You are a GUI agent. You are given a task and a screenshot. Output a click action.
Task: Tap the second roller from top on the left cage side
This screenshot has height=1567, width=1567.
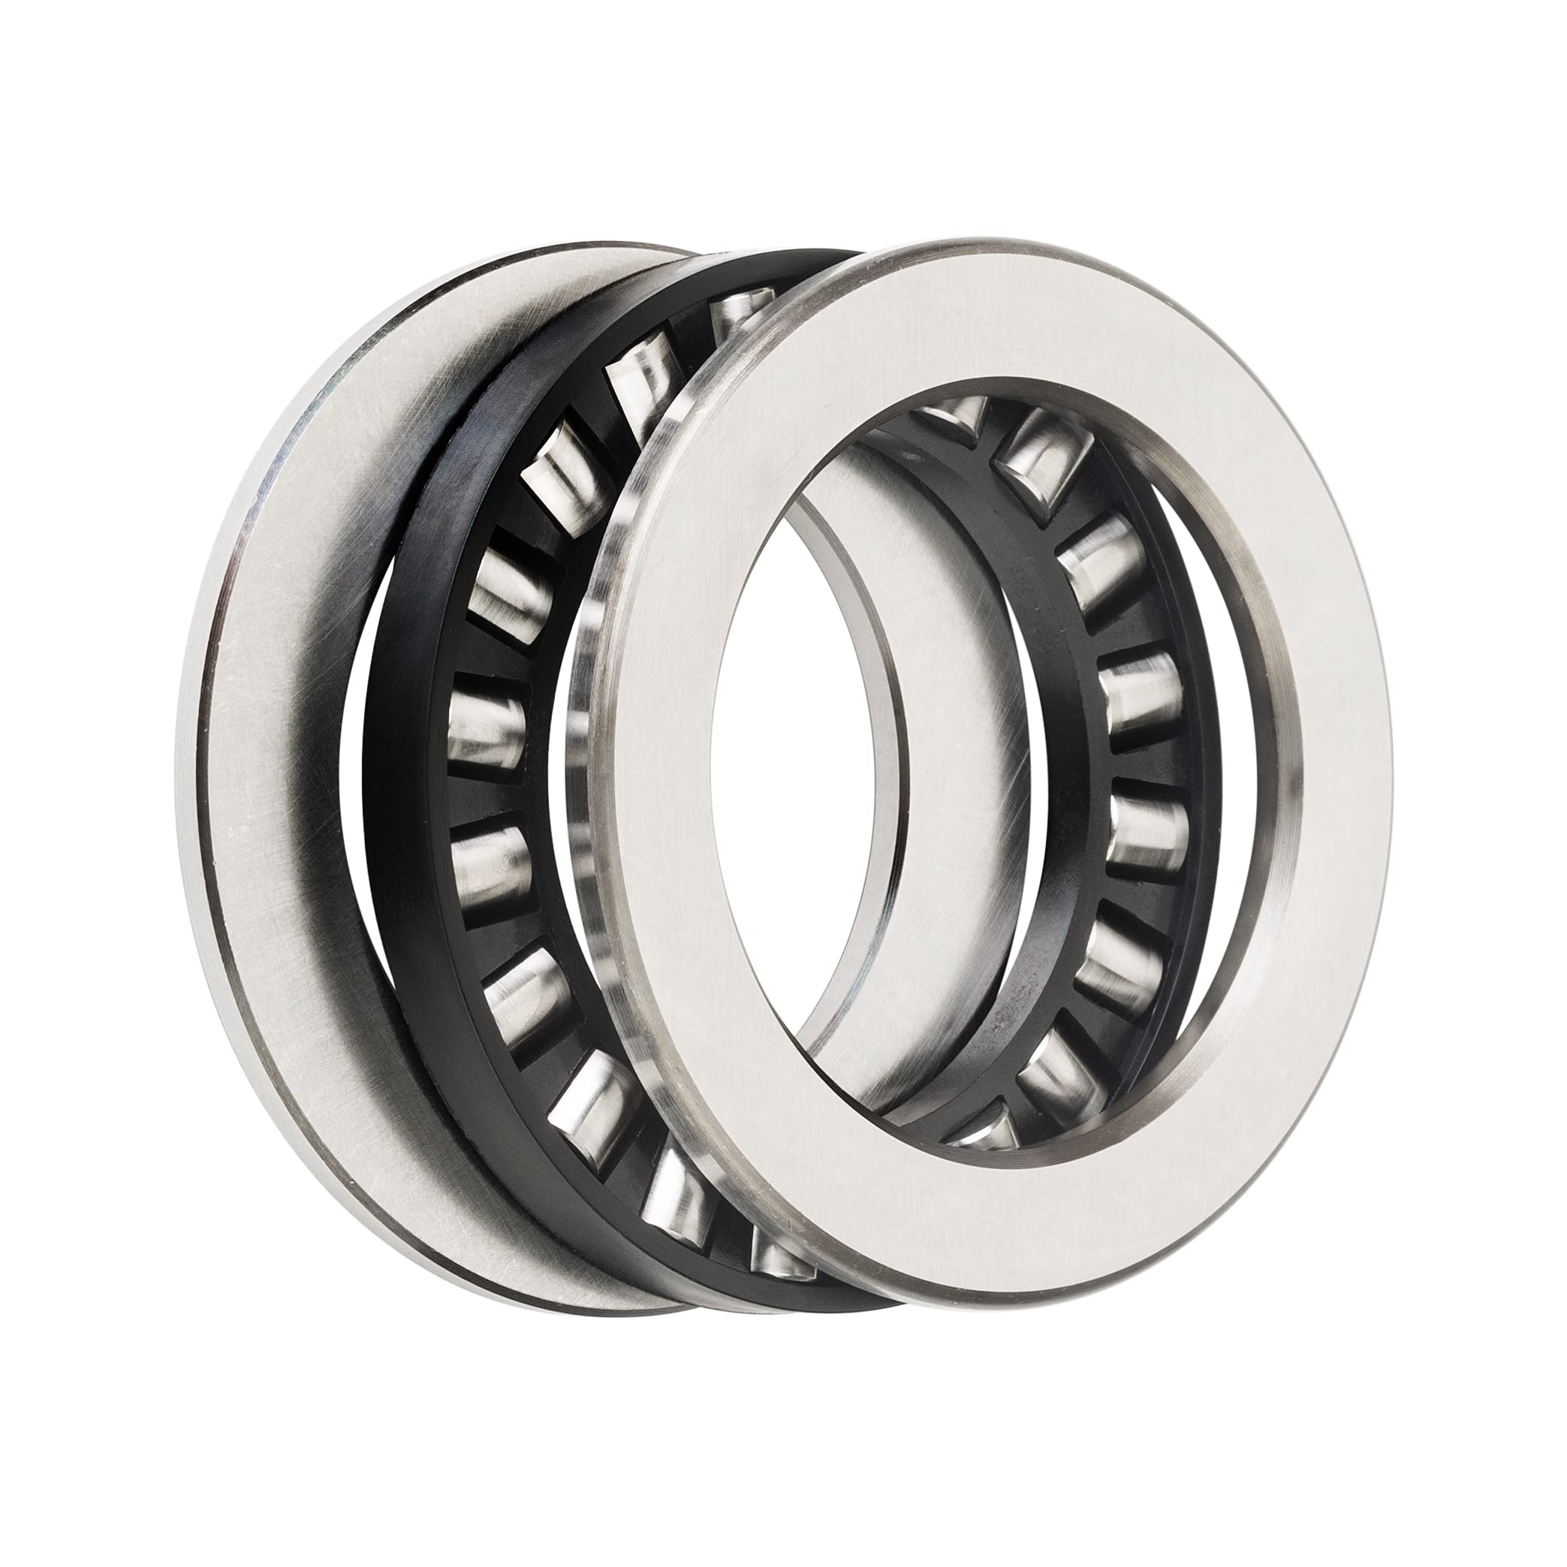tap(640, 377)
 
